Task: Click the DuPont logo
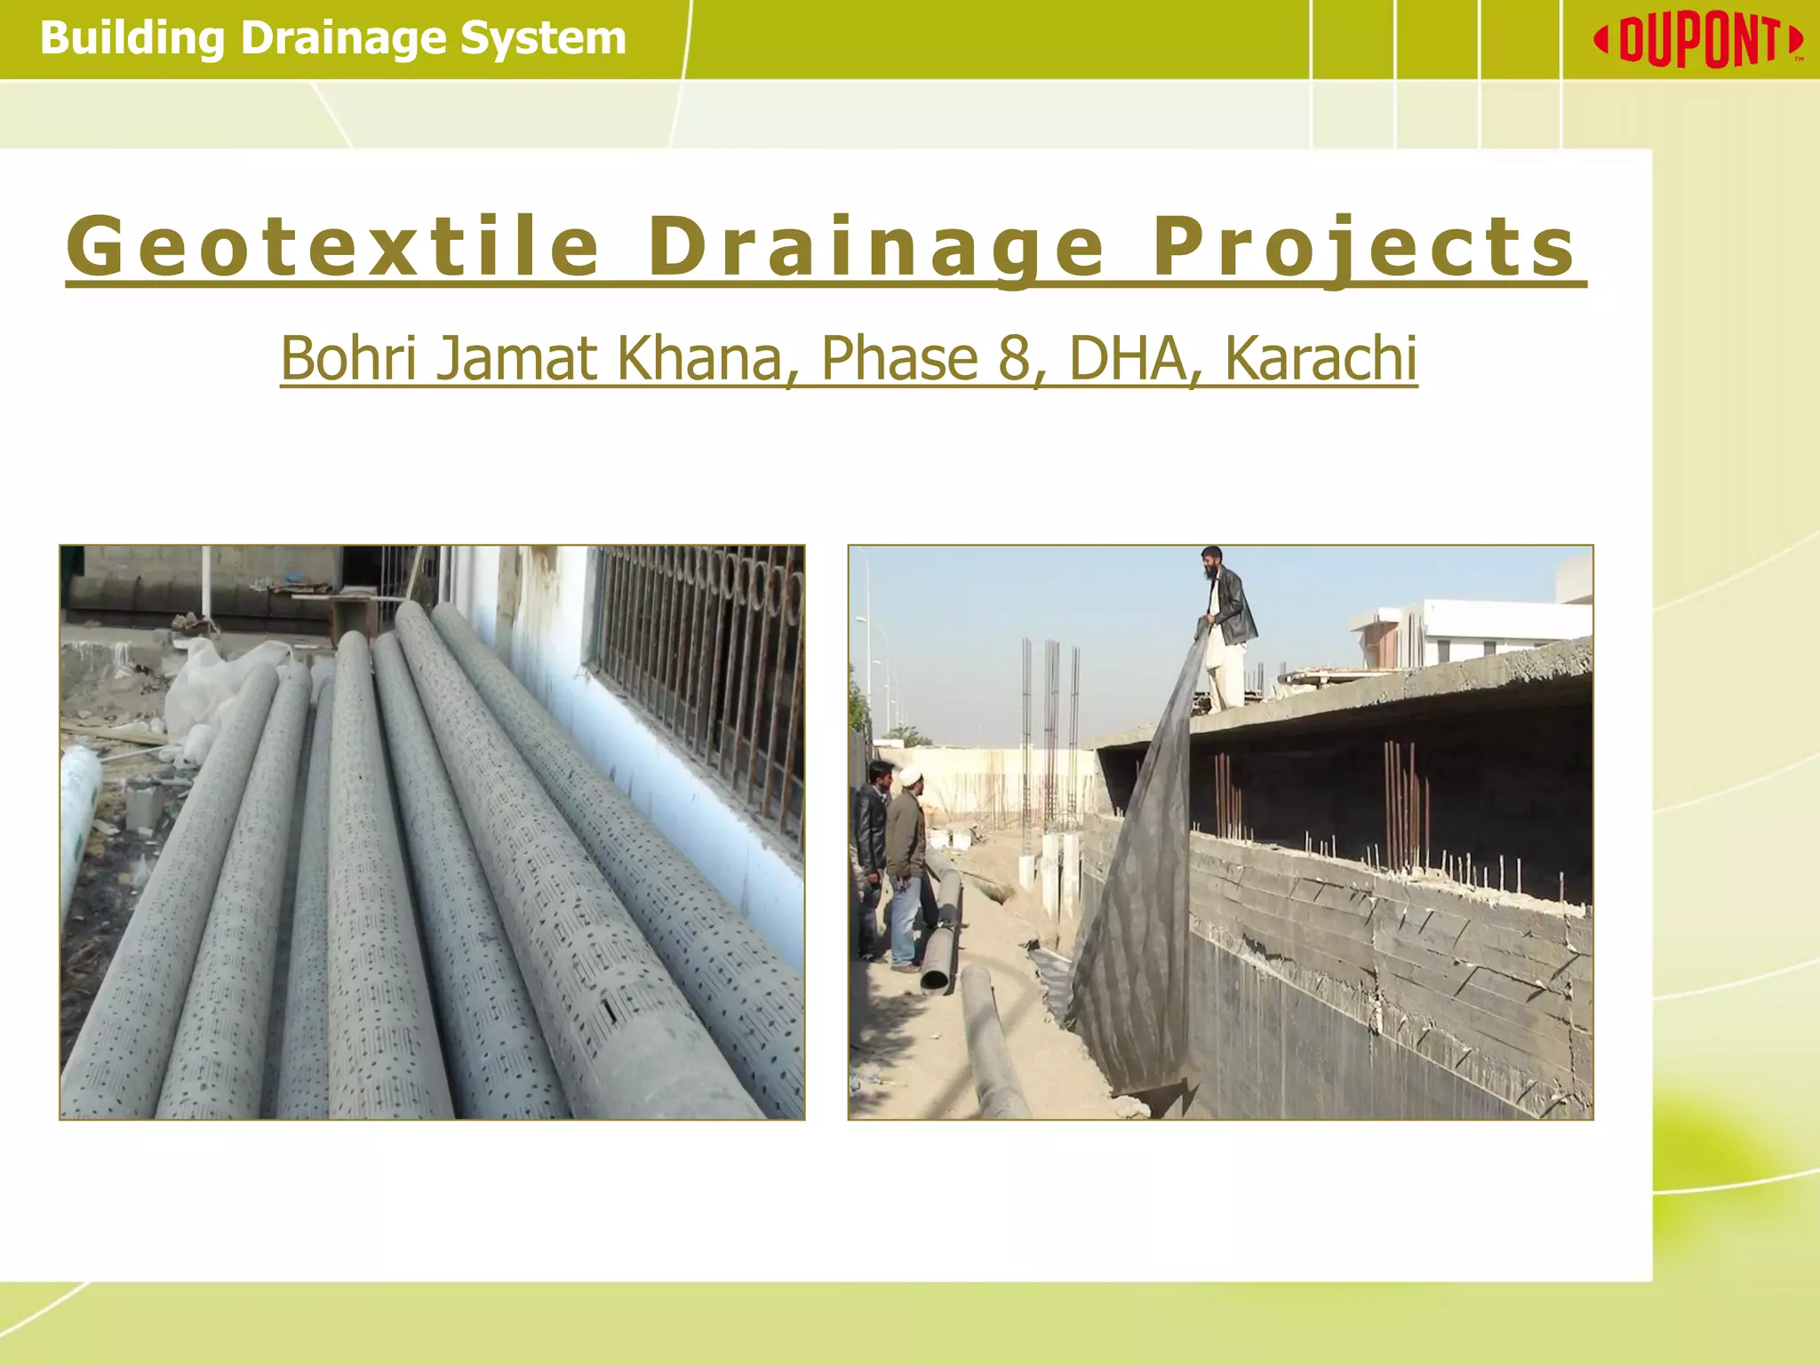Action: pos(1698,41)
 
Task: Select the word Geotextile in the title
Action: pos(333,246)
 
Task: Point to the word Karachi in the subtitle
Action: pos(1321,358)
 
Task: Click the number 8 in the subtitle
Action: pos(1014,358)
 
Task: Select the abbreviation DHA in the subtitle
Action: pos(1129,358)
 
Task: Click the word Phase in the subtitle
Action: pos(899,358)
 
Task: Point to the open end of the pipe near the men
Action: pos(935,978)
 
